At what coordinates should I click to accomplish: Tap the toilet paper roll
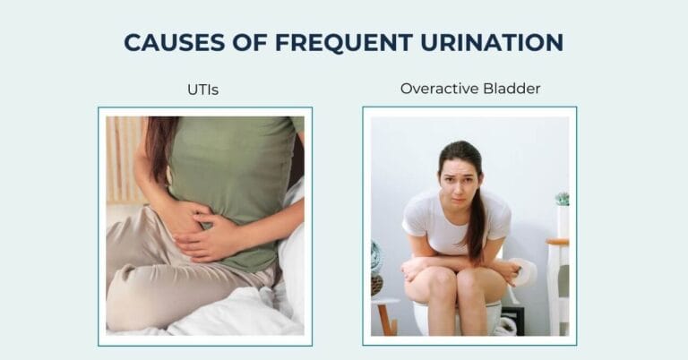click(522, 271)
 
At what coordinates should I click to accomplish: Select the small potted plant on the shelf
click(562, 199)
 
